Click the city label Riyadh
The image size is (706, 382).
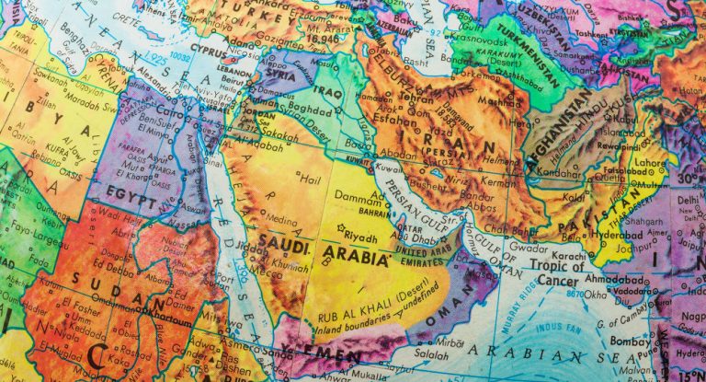coord(360,237)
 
